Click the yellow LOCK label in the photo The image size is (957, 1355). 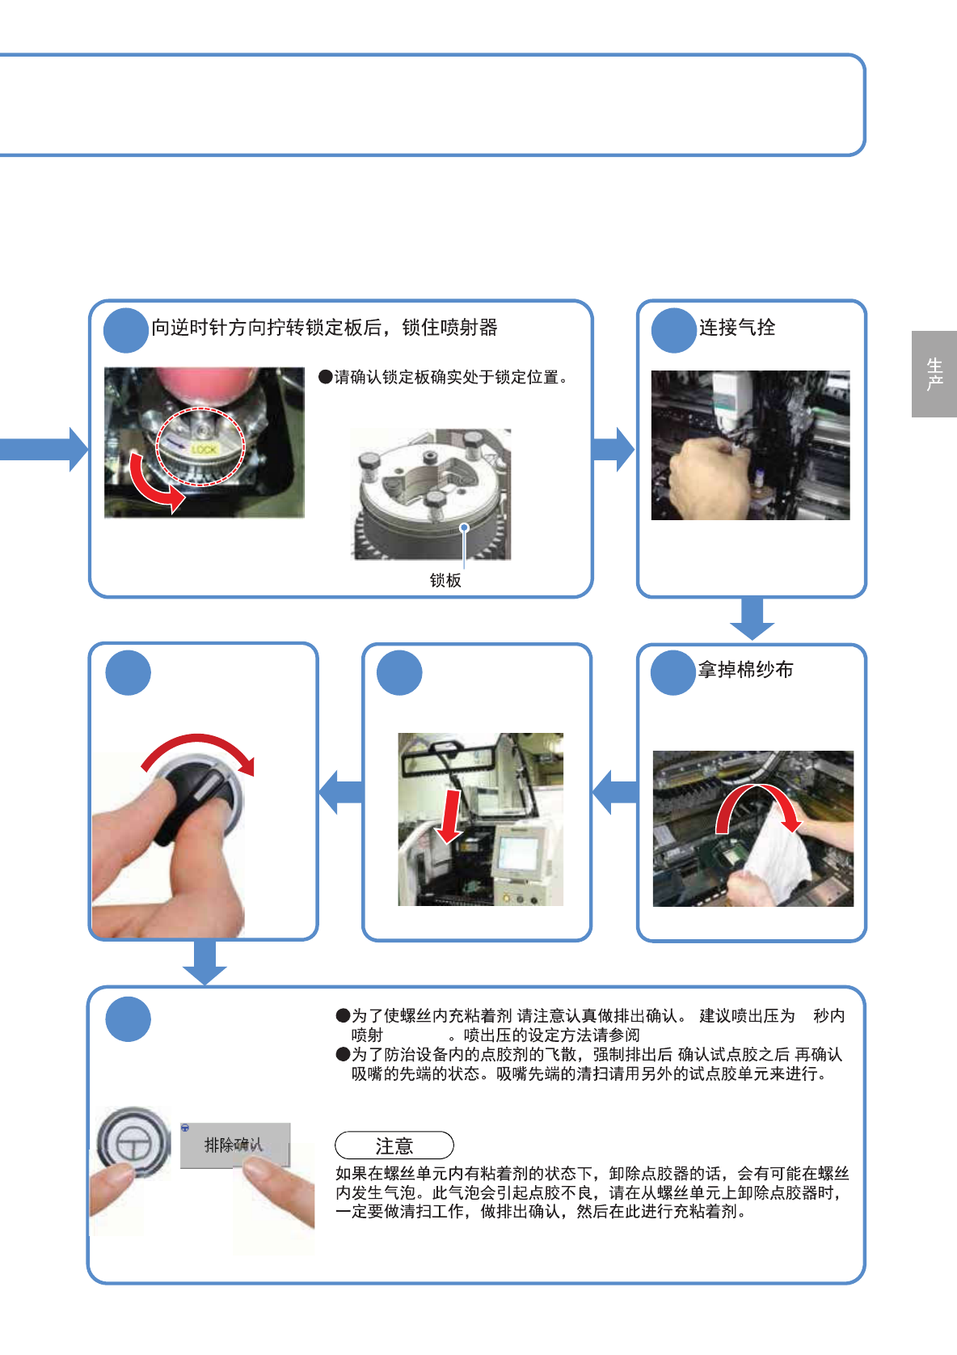pyautogui.click(x=204, y=450)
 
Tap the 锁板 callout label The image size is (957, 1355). pyautogui.click(x=445, y=580)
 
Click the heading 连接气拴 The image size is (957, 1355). pyautogui.click(x=737, y=328)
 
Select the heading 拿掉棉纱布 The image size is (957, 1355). pyautogui.click(x=745, y=670)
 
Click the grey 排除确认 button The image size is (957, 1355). pyautogui.click(x=235, y=1145)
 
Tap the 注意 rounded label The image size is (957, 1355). pyautogui.click(x=394, y=1145)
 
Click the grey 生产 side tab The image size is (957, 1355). pyautogui.click(x=934, y=374)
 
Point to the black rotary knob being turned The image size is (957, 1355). pyautogui.click(x=198, y=798)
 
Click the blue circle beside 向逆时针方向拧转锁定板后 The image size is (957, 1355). pyautogui.click(x=126, y=330)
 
